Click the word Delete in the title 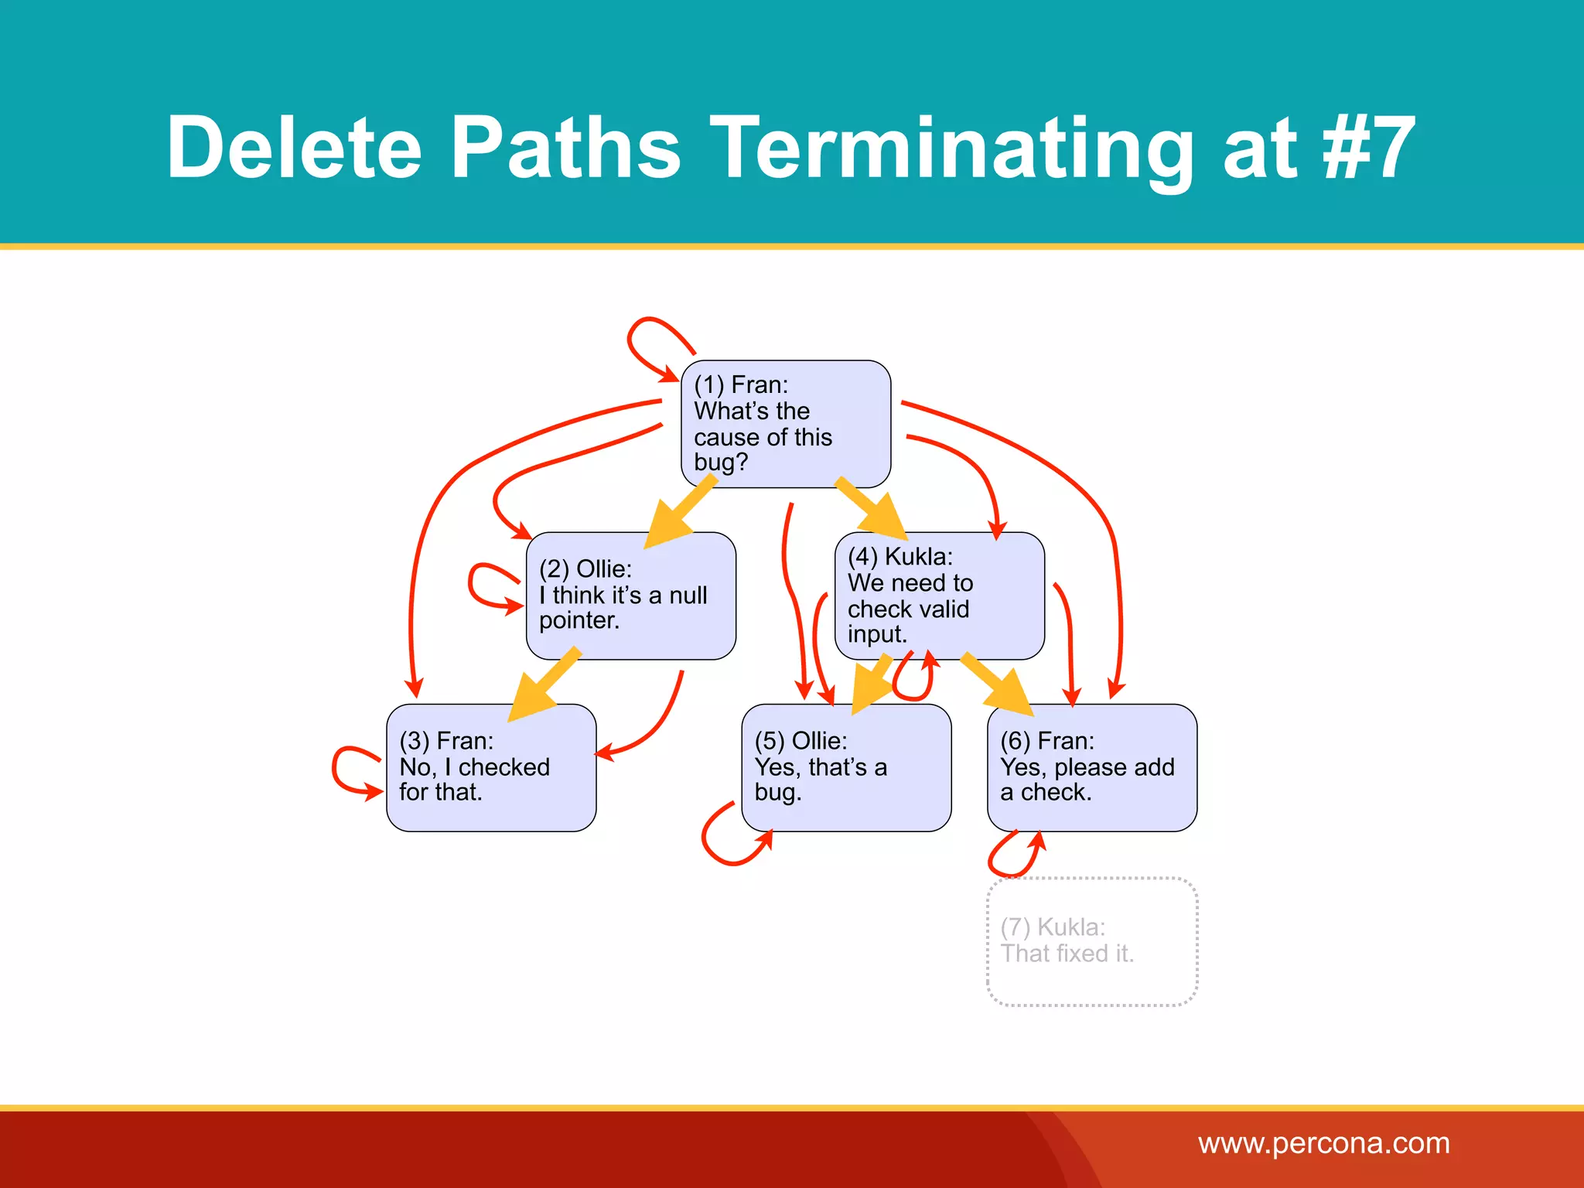pyautogui.click(x=294, y=147)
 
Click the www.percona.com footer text pyautogui.click(x=1323, y=1143)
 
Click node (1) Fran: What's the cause pyautogui.click(x=785, y=424)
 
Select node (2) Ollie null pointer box pyautogui.click(x=630, y=596)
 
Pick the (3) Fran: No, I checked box pyautogui.click(x=491, y=767)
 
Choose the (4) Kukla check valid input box pyautogui.click(x=939, y=596)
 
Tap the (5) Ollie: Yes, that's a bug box pyautogui.click(x=846, y=767)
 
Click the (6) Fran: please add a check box pyautogui.click(x=1091, y=767)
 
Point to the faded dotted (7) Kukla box pyautogui.click(x=1091, y=941)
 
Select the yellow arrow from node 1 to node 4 pyautogui.click(x=872, y=508)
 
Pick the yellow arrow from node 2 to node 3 pyautogui.click(x=545, y=684)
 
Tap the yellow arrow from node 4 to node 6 pyautogui.click(x=998, y=684)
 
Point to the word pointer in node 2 pyautogui.click(x=579, y=620)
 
